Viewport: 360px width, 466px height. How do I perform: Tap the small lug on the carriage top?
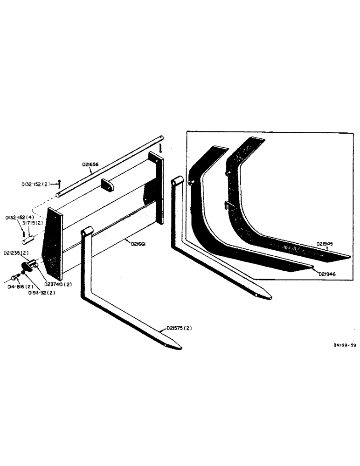click(107, 184)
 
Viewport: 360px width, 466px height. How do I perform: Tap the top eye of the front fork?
click(87, 232)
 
